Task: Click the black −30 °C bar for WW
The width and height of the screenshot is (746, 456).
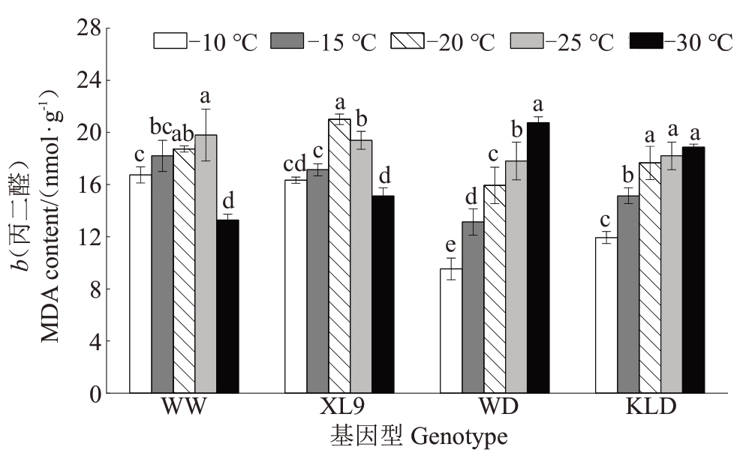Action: click(x=227, y=306)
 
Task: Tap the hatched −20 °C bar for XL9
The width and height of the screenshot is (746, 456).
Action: click(x=339, y=256)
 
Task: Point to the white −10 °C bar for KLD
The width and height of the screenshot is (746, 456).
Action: click(x=606, y=315)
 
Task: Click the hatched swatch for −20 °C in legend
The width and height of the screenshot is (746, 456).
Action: click(x=407, y=40)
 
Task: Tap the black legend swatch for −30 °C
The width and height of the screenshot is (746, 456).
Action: click(x=645, y=40)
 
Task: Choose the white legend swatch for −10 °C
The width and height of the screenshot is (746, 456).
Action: click(x=170, y=40)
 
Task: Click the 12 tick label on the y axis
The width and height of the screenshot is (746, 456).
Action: click(x=89, y=237)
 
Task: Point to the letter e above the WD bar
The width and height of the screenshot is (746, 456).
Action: click(x=450, y=245)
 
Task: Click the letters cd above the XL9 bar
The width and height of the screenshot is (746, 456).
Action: click(x=295, y=163)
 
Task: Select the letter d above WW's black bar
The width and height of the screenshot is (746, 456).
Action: click(x=228, y=201)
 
